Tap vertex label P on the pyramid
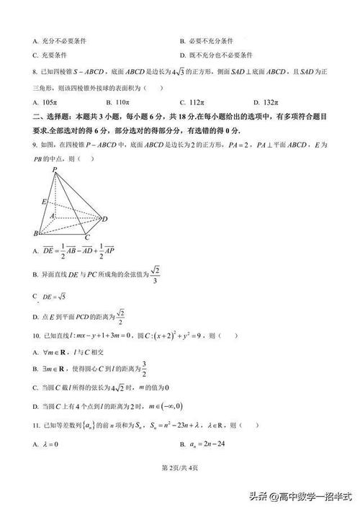pyautogui.click(x=54, y=168)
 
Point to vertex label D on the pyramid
pyautogui.click(x=105, y=219)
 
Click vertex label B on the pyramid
pyautogui.click(x=35, y=234)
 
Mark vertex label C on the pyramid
pyautogui.click(x=86, y=237)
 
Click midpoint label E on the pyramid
pyautogui.click(x=43, y=202)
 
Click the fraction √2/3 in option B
pyautogui.click(x=157, y=274)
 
